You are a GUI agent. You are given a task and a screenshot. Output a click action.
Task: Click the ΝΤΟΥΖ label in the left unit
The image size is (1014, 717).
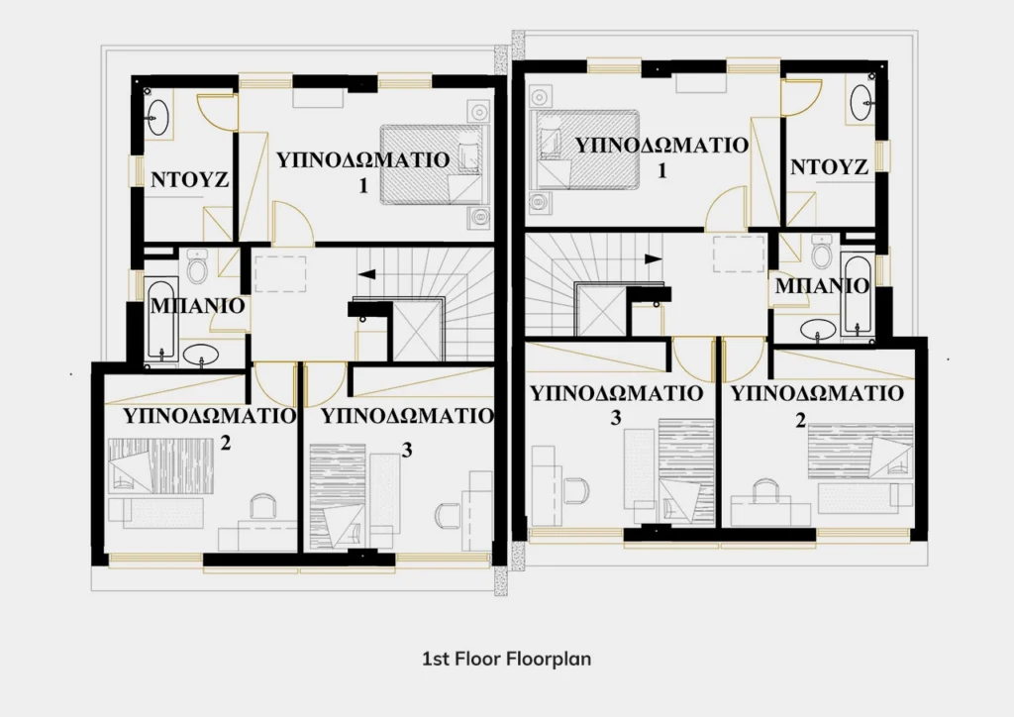pyautogui.click(x=189, y=179)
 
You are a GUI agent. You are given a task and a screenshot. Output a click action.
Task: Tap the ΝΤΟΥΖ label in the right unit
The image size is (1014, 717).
pyautogui.click(x=829, y=167)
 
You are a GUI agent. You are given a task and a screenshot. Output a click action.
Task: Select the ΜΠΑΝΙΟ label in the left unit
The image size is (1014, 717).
pyautogui.click(x=197, y=306)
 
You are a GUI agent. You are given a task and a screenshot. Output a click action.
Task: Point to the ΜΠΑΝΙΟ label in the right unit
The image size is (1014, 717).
pyautogui.click(x=822, y=286)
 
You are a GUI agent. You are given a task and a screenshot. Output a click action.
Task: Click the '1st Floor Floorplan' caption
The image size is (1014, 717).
pyautogui.click(x=506, y=659)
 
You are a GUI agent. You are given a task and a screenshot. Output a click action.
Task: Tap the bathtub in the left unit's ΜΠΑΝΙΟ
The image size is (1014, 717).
pyautogui.click(x=159, y=319)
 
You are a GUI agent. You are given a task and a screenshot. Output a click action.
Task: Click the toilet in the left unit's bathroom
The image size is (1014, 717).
pyautogui.click(x=197, y=265)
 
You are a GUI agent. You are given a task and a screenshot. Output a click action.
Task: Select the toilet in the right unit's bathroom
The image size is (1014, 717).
pyautogui.click(x=821, y=251)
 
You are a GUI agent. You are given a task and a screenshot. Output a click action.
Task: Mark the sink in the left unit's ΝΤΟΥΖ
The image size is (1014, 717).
pyautogui.click(x=157, y=117)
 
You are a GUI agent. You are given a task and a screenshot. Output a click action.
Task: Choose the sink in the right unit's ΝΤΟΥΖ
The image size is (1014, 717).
pyautogui.click(x=862, y=102)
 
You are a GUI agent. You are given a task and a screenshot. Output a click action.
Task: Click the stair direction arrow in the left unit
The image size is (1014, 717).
pyautogui.click(x=366, y=273)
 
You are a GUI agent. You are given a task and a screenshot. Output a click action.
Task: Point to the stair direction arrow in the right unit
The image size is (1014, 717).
pyautogui.click(x=654, y=258)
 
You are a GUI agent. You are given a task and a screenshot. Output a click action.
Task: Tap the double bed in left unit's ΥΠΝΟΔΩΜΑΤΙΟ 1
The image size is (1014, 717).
pyautogui.click(x=432, y=164)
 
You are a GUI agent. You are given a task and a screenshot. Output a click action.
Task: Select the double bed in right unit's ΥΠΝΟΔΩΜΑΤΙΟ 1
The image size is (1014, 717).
pyautogui.click(x=584, y=150)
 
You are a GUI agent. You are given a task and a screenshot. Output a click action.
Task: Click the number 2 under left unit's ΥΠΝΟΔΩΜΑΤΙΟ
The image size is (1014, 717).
pyautogui.click(x=225, y=444)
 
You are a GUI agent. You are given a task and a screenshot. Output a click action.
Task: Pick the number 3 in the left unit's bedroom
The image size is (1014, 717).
pyautogui.click(x=407, y=450)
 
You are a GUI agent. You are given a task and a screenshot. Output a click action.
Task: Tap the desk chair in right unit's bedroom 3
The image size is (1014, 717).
pyautogui.click(x=576, y=491)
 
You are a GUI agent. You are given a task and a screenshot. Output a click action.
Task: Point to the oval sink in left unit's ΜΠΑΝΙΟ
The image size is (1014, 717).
pyautogui.click(x=200, y=355)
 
